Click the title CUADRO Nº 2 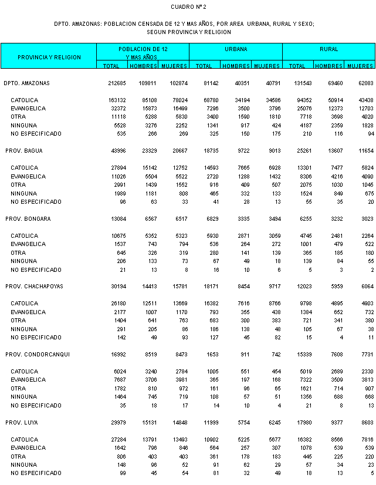188,6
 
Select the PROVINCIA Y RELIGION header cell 49,57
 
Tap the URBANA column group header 235,49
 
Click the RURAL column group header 328,49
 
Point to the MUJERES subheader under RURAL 360,66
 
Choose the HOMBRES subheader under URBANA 236,66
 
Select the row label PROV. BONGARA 28,218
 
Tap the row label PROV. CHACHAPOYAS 35,286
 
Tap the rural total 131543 296,83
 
